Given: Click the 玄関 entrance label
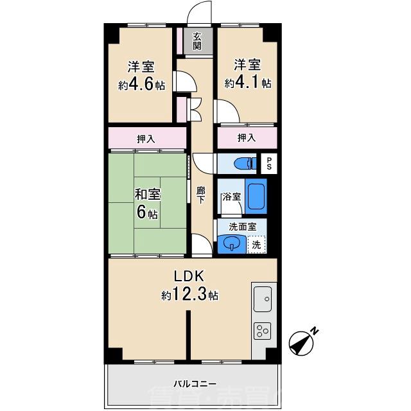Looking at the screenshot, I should pyautogui.click(x=197, y=42).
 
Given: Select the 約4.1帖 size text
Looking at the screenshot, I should pyautogui.click(x=247, y=83).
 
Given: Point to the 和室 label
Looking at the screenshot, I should pyautogui.click(x=147, y=194).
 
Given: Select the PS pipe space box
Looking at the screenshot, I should pyautogui.click(x=270, y=163).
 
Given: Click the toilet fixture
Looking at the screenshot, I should pyautogui.click(x=241, y=163).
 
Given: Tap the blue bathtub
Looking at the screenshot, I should pyautogui.click(x=255, y=197).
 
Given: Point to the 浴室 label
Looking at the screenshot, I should pyautogui.click(x=231, y=197).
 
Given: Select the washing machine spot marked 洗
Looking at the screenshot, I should pyautogui.click(x=256, y=244).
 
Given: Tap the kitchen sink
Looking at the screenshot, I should pyautogui.click(x=263, y=298).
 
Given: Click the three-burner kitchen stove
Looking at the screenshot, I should pyautogui.click(x=263, y=331).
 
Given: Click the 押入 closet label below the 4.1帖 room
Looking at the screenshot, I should pyautogui.click(x=247, y=137).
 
